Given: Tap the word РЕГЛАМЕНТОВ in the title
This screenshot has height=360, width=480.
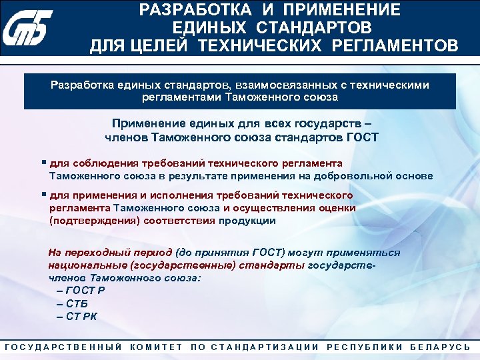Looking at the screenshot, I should point(398,45).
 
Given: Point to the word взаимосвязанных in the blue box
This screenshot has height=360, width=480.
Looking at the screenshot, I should point(275,85).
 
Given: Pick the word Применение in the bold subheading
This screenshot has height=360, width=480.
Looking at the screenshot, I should point(146,125).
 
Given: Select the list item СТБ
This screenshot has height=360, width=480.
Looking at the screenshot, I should point(78,303).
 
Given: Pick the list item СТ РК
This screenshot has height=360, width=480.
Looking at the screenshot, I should point(81,316).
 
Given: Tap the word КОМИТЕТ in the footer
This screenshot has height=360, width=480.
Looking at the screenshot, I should point(156,347).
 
